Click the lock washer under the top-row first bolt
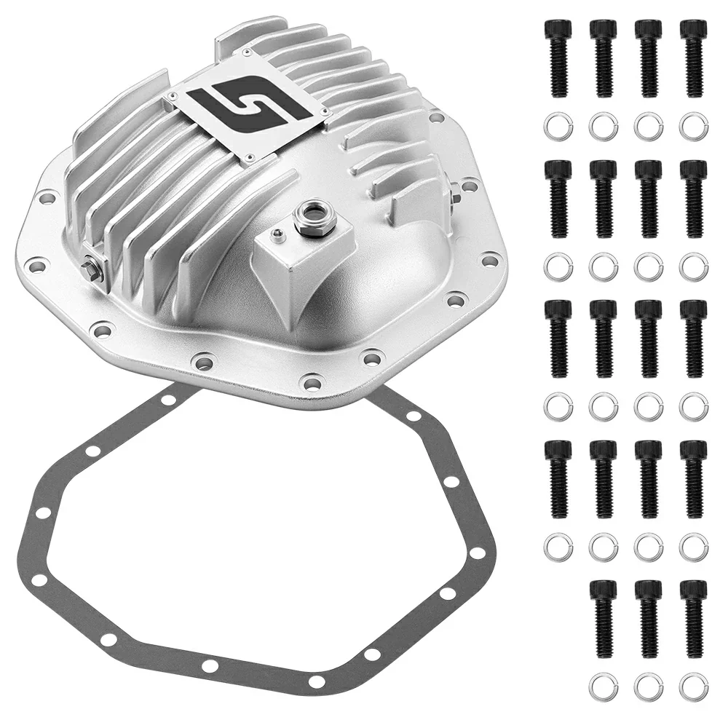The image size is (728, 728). [x=557, y=127]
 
